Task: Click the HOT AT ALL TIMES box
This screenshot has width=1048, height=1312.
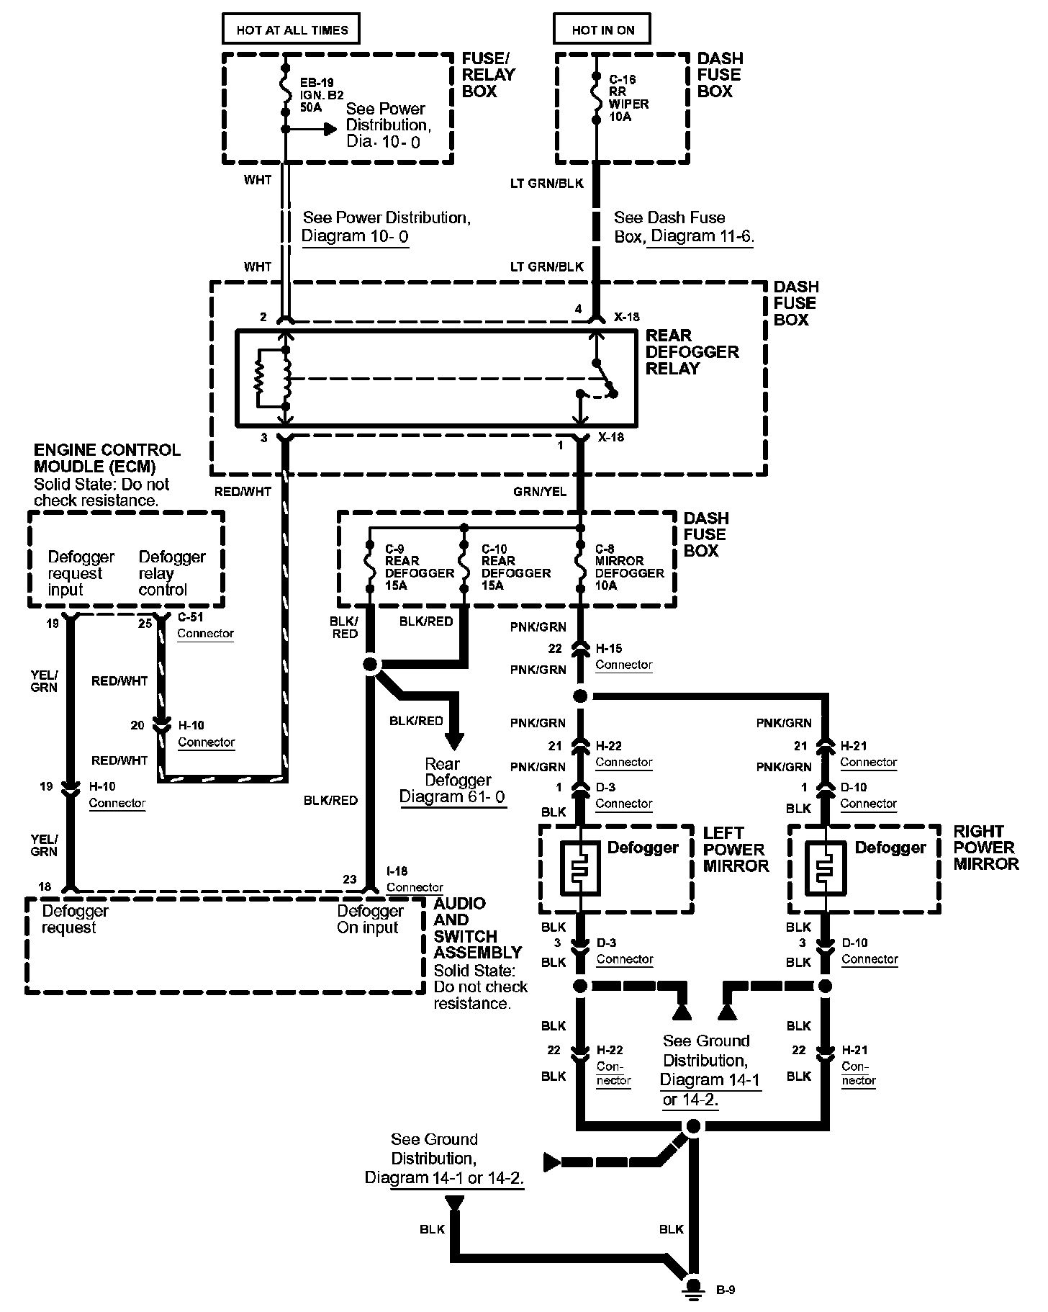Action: coord(292,30)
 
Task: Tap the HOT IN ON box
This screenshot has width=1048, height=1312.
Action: coord(602,30)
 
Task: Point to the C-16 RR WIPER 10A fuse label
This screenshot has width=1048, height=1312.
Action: coord(628,98)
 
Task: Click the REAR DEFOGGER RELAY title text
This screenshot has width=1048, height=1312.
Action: coord(692,352)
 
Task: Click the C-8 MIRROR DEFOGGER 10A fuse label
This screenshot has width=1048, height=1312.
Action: coord(629,567)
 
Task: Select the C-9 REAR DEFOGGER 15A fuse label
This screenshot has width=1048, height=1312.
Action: coord(419,567)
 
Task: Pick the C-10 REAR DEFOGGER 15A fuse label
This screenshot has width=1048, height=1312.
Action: coord(515,567)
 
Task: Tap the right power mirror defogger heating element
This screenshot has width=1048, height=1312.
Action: coord(826,867)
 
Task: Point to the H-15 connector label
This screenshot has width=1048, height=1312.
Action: coord(623,657)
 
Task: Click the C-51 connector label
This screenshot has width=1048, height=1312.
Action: coord(206,626)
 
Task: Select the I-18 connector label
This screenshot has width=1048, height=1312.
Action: coord(415,879)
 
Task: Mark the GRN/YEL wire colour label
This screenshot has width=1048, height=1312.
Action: coord(540,492)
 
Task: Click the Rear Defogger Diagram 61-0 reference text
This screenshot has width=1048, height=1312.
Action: coord(453,781)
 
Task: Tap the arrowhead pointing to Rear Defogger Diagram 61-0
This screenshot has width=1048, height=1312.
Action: coord(453,741)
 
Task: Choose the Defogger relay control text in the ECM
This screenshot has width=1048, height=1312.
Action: coord(171,573)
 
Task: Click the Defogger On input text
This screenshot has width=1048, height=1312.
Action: coord(369,920)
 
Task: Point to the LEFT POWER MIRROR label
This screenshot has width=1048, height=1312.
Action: coord(736,849)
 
